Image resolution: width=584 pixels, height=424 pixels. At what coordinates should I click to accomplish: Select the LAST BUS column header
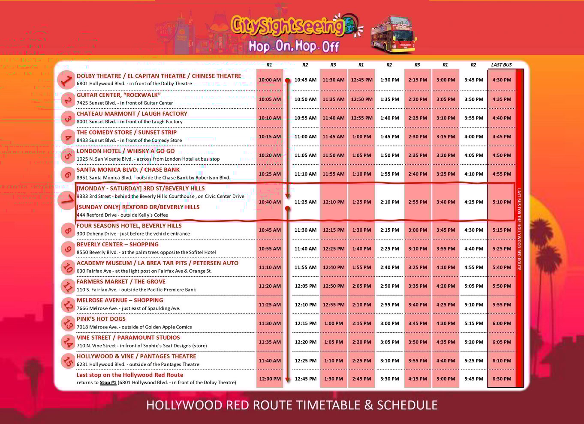501,65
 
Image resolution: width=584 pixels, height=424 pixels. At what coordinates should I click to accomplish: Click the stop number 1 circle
66,80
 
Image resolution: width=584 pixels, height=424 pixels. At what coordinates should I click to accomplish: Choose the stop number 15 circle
68,361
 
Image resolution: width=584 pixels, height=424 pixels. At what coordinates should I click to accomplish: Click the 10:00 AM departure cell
270,80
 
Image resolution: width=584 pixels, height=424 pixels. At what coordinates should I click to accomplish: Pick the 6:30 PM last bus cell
502,379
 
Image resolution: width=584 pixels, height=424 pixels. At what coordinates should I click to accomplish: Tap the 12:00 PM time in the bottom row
270,379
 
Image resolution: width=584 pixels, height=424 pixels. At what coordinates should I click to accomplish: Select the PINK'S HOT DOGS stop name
101,319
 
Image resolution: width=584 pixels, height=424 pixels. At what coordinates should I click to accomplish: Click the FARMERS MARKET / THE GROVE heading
121,282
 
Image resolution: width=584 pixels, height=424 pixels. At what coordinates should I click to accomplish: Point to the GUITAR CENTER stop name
118,95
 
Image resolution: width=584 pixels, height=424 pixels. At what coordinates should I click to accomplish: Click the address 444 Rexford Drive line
122,215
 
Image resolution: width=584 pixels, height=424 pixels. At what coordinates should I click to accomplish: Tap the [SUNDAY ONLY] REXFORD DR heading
138,207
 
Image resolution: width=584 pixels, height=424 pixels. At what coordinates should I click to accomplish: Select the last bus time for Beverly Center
502,249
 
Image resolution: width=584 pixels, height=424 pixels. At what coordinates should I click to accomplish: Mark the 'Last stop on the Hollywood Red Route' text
130,375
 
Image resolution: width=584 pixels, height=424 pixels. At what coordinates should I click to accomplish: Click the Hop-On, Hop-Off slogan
294,46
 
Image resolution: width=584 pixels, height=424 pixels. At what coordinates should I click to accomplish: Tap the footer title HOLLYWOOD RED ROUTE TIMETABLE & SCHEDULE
292,405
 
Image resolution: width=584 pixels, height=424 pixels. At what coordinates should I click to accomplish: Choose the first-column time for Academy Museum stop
270,268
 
